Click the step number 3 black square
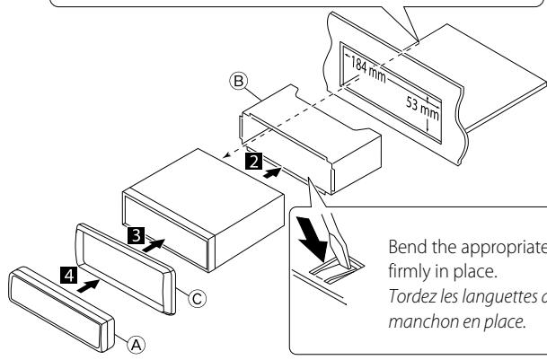coord(134,234)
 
